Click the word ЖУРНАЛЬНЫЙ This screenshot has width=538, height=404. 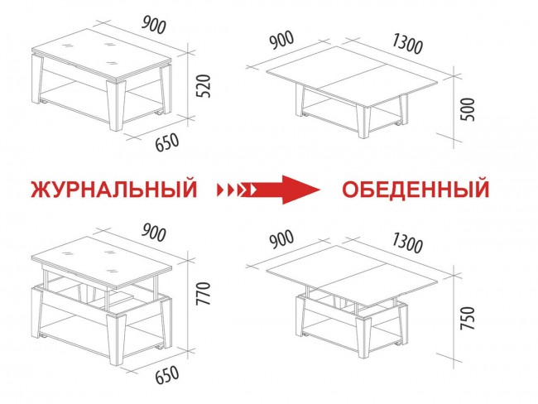[x=114, y=189]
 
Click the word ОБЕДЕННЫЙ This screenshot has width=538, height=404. [x=416, y=189]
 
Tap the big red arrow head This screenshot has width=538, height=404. [x=301, y=190]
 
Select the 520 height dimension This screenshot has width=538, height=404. [x=204, y=86]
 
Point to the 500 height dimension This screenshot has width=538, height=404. [x=468, y=109]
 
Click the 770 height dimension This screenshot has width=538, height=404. [x=203, y=293]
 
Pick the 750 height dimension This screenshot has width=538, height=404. [x=468, y=318]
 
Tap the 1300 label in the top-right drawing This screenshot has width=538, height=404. [x=407, y=44]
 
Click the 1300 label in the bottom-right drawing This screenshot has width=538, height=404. [x=407, y=243]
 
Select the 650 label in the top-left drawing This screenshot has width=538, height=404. [x=167, y=142]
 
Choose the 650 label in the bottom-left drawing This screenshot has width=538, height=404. [x=167, y=375]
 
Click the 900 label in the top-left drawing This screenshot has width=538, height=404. [x=154, y=25]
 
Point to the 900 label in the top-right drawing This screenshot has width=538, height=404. [x=281, y=40]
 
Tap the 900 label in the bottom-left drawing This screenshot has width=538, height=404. [x=154, y=233]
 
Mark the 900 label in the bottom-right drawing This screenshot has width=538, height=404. [x=281, y=239]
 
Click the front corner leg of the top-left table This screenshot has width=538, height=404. [x=117, y=104]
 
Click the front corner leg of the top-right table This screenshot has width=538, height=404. [x=363, y=121]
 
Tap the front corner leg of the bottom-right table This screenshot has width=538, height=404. [x=363, y=338]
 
